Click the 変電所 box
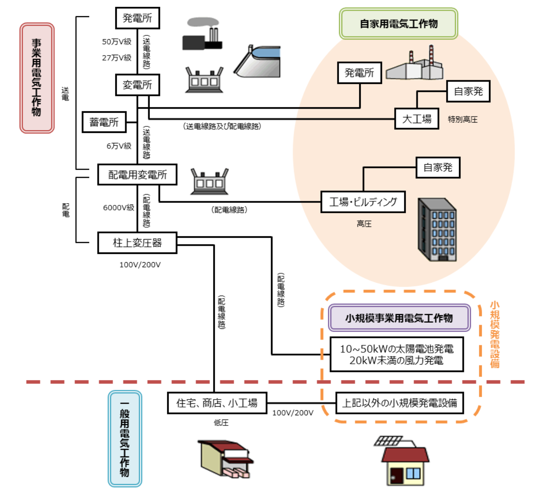137,85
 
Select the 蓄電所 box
104,122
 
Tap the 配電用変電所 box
137,175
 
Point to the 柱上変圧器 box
137,243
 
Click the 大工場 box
417,119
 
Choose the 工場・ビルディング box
363,202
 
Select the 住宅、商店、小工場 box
217,403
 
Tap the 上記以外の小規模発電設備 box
399,403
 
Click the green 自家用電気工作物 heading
399,24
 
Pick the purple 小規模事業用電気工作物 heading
399,318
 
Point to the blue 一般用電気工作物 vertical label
125,439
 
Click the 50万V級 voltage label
117,42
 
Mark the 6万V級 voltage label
119,146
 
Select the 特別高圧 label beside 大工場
463,120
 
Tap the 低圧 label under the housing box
221,423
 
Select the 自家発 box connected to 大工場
468,91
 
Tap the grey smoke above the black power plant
203,22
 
